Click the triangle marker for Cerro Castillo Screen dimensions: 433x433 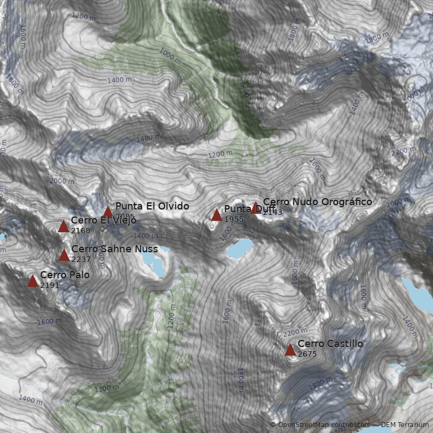pyautogui.click(x=290, y=350)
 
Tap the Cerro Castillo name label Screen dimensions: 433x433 pyautogui.click(x=330, y=344)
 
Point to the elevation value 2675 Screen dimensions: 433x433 pyautogui.click(x=307, y=354)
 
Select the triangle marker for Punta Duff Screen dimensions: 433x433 pyautogui.click(x=216, y=215)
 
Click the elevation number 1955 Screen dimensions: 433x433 pyautogui.click(x=234, y=219)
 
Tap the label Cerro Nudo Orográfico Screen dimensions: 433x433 pyautogui.click(x=318, y=202)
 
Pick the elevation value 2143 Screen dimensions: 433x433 pyautogui.click(x=273, y=212)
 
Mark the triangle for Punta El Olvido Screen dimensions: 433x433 pyautogui.click(x=108, y=212)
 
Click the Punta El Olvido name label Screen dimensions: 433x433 pyautogui.click(x=152, y=206)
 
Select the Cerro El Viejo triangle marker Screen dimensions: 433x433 pyautogui.click(x=63, y=226)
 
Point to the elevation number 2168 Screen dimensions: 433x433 pyautogui.click(x=80, y=231)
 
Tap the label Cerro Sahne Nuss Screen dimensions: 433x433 pyautogui.click(x=115, y=249)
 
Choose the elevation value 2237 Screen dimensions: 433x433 pyautogui.click(x=81, y=259)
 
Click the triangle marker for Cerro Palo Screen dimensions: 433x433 pyautogui.click(x=32, y=281)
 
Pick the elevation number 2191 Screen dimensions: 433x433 pyautogui.click(x=49, y=285)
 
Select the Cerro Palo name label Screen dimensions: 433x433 pyautogui.click(x=65, y=275)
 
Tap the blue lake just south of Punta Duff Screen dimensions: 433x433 pyautogui.click(x=239, y=248)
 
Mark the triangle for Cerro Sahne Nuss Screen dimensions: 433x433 pyautogui.click(x=64, y=255)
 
